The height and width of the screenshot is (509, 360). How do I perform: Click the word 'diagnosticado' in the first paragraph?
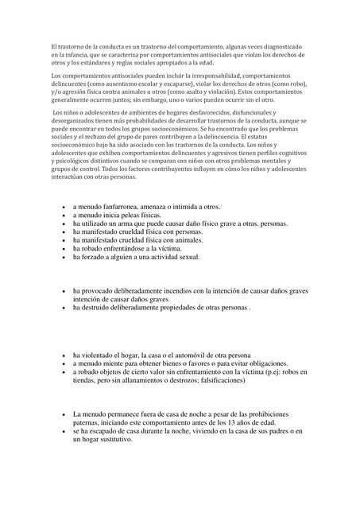pos(290,48)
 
